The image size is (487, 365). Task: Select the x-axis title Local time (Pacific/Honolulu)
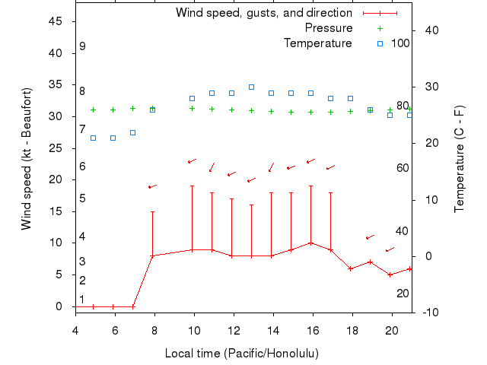point(242,354)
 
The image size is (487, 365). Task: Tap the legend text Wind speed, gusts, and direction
point(264,13)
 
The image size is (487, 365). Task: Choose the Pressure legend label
point(329,28)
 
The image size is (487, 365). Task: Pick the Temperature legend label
point(318,43)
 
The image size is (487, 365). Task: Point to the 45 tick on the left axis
point(56,21)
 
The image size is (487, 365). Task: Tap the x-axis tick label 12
point(234,330)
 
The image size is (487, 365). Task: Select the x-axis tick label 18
point(352,330)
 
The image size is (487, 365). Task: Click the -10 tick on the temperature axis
point(429,313)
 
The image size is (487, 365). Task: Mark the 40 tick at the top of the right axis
point(431,30)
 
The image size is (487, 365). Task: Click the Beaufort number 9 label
point(82,46)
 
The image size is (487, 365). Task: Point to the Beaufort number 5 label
point(82,198)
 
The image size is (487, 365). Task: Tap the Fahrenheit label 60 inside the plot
point(403,168)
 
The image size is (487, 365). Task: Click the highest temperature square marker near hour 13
point(251,87)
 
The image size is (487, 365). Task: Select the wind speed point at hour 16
point(310,243)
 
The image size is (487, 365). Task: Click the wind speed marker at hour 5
point(93,306)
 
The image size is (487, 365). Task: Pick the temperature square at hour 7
point(132,132)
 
